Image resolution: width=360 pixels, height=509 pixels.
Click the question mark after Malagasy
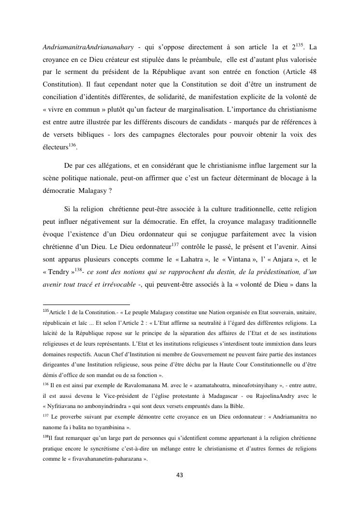pyautogui.click(x=111, y=191)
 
